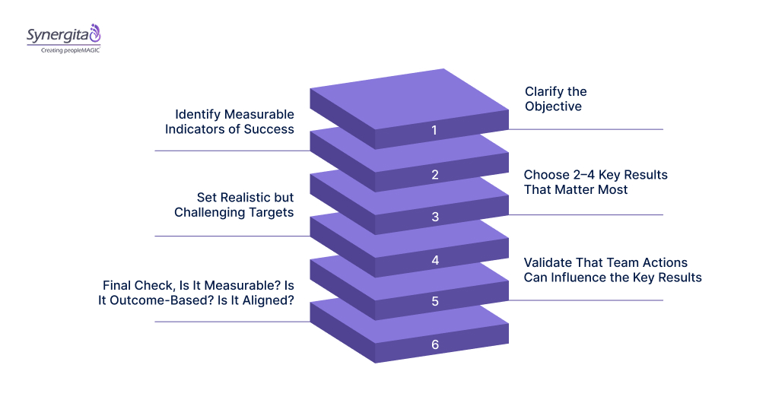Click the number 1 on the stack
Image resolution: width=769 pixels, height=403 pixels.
click(x=435, y=130)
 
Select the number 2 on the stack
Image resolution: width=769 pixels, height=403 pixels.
click(x=435, y=174)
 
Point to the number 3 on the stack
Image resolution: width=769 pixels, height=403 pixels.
click(x=435, y=217)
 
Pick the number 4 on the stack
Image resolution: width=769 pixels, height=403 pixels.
click(x=435, y=260)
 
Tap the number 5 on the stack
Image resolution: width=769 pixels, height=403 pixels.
click(x=435, y=301)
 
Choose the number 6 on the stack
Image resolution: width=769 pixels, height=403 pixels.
click(x=435, y=344)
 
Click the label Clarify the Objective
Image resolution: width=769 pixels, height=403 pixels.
click(x=555, y=99)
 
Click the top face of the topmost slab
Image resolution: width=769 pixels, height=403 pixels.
click(x=411, y=96)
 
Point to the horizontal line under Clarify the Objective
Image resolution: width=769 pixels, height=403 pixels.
click(x=586, y=129)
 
